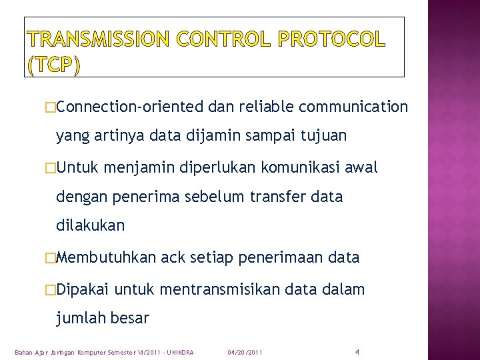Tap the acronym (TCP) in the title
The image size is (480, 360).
point(55,65)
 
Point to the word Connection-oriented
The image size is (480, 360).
point(130,107)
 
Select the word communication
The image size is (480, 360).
point(353,107)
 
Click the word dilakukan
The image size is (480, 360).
point(90,225)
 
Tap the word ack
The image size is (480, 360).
point(177,257)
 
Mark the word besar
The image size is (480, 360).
point(131,318)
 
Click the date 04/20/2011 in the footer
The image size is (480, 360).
point(245,351)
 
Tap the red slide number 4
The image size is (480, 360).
point(357,351)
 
